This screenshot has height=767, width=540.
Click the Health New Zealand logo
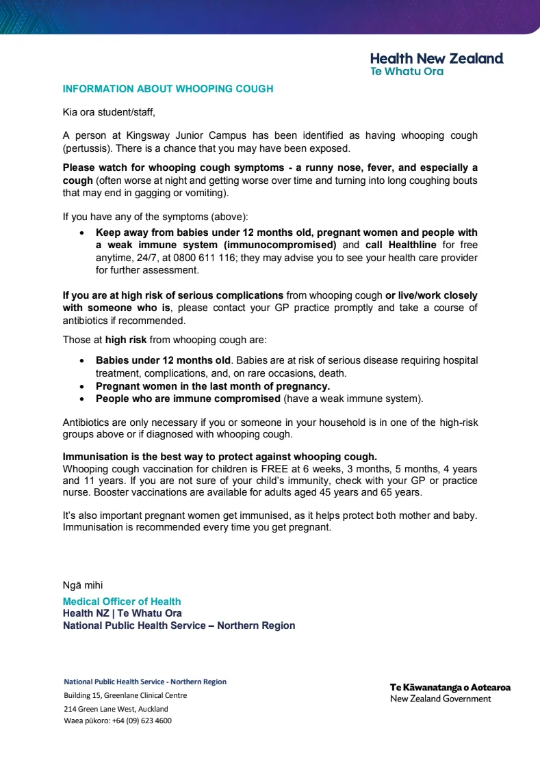click(x=436, y=64)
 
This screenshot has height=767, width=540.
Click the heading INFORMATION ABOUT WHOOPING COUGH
click(x=168, y=89)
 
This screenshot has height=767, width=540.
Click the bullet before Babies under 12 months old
click(x=82, y=360)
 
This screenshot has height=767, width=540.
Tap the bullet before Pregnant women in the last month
click(x=82, y=386)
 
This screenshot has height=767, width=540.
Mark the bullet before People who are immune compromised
click(x=82, y=399)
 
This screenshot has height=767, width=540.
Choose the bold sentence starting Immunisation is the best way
click(x=220, y=457)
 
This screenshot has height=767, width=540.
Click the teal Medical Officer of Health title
click(x=122, y=602)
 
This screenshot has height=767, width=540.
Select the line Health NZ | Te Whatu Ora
click(x=123, y=613)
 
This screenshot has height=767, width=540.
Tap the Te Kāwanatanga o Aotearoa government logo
click(x=450, y=692)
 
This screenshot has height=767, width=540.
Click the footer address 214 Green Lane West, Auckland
click(x=116, y=709)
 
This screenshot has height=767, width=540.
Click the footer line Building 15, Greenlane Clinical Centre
click(x=125, y=695)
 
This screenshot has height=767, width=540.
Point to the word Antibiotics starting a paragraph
click(x=86, y=422)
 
